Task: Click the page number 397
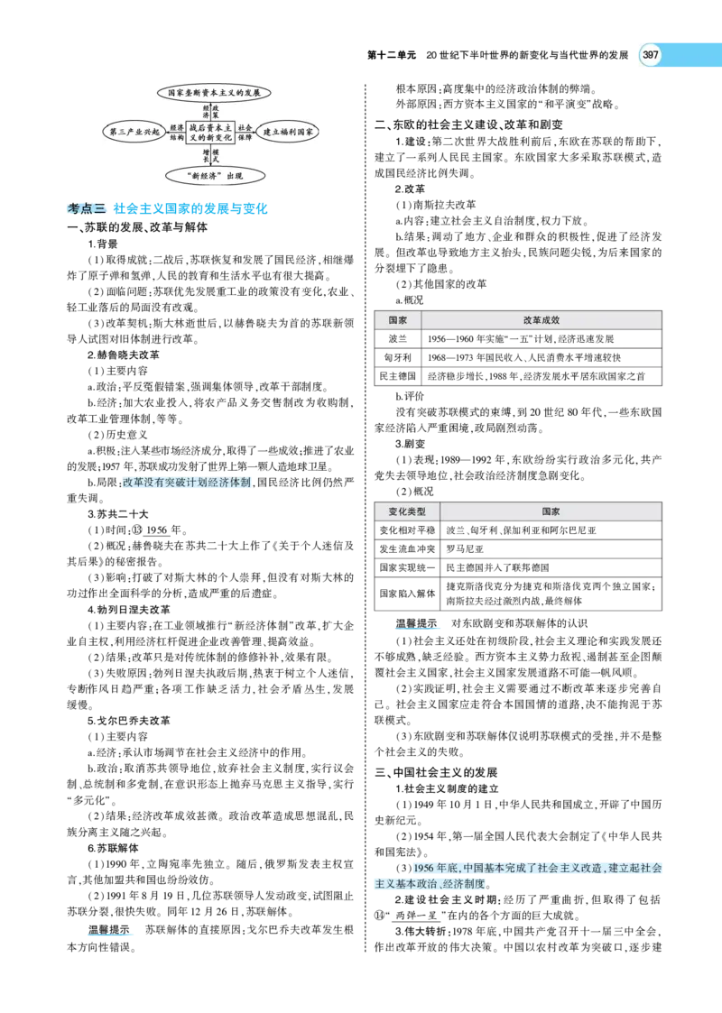651,55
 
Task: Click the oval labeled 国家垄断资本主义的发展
214,93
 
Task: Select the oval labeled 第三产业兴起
134,133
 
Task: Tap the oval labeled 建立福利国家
287,133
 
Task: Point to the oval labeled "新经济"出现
215,175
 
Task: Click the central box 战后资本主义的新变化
210,133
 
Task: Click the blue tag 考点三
87,208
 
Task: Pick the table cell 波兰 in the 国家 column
397,338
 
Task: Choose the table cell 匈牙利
397,357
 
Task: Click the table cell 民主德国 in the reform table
397,376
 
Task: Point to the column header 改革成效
541,320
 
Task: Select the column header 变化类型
407,511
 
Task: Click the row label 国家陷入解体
407,593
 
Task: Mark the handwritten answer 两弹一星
417,916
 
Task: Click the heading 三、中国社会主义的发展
436,773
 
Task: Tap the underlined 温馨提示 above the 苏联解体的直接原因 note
108,930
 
